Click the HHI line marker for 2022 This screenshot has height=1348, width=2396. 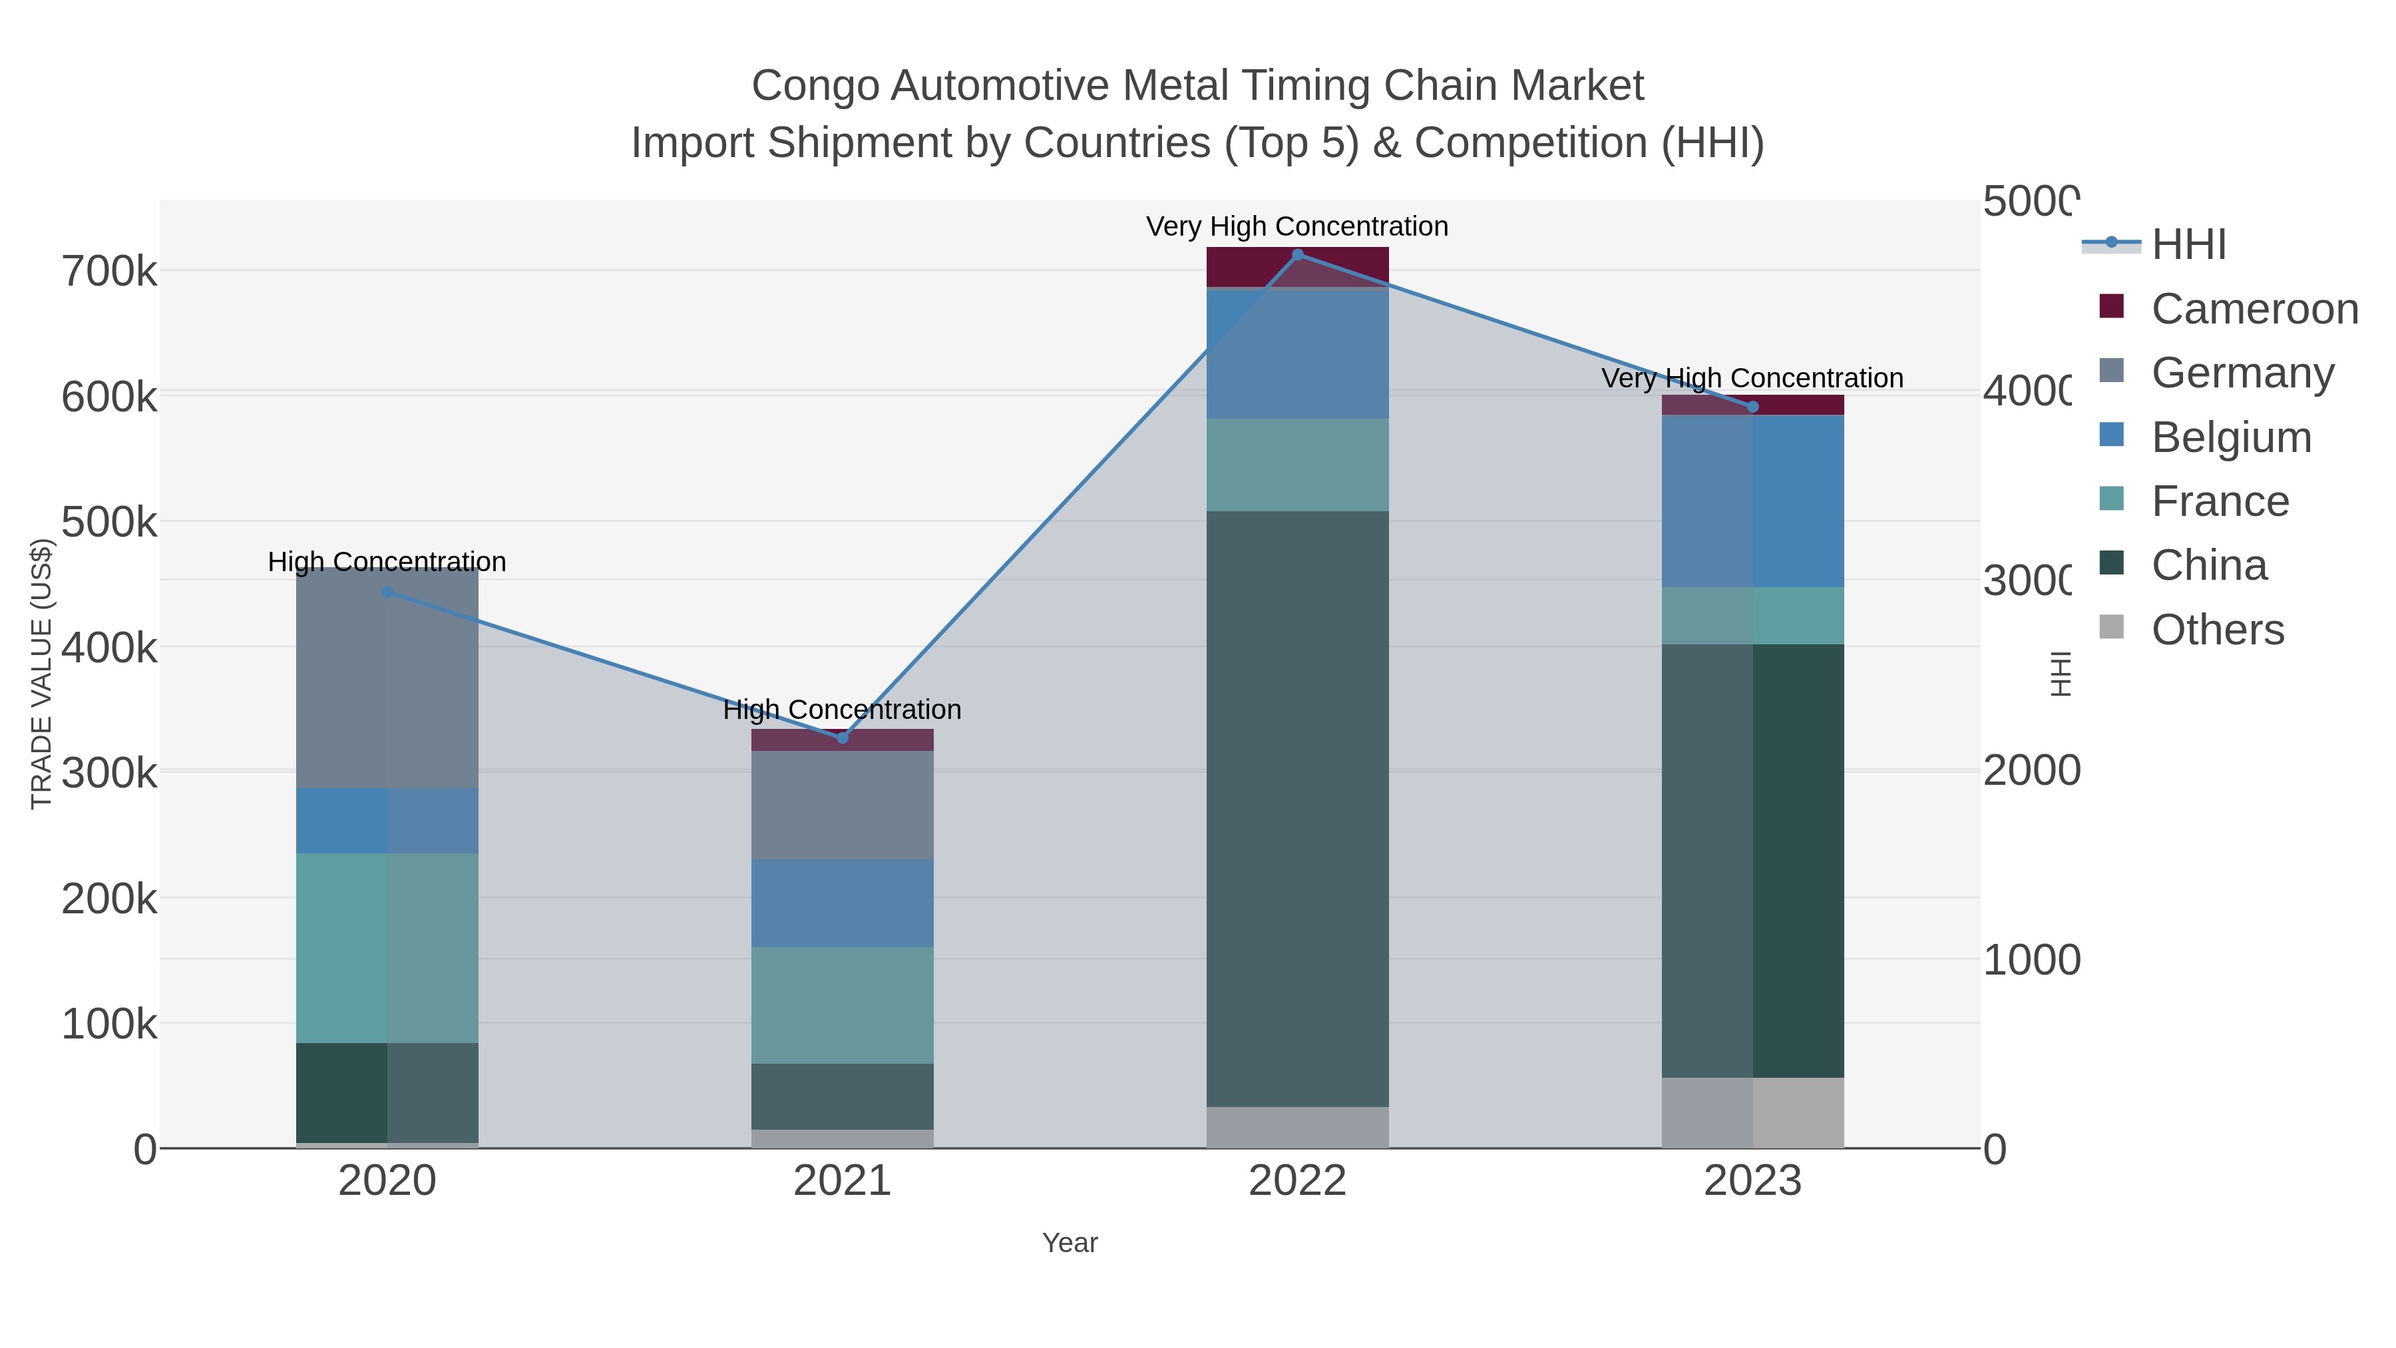click(x=1298, y=255)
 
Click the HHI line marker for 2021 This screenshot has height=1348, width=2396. click(x=843, y=738)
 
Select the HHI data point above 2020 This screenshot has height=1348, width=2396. click(x=387, y=592)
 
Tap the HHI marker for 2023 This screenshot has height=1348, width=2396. click(x=1752, y=407)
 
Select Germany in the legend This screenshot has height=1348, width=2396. click(x=2242, y=373)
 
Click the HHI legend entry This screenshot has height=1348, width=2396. click(x=2188, y=245)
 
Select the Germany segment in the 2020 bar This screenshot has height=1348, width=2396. click(x=387, y=679)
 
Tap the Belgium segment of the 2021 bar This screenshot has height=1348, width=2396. click(x=843, y=903)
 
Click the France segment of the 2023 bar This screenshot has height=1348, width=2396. click(x=1752, y=616)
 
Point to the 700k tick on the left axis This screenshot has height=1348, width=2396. click(x=109, y=272)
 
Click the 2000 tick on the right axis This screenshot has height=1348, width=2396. click(x=2031, y=772)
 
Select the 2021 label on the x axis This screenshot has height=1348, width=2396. click(x=843, y=1182)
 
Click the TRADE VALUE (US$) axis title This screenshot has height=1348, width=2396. click(x=42, y=674)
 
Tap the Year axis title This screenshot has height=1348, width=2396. click(x=1070, y=1243)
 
